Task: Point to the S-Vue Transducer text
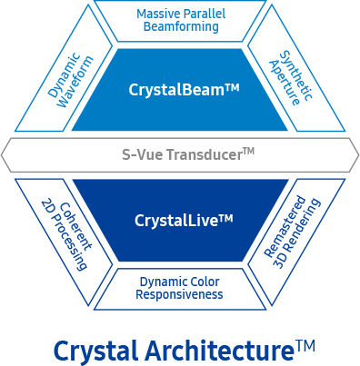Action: [x=188, y=154]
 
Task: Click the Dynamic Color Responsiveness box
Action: [x=179, y=288]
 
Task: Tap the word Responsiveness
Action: [x=179, y=295]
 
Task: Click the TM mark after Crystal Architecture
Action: [x=305, y=345]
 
